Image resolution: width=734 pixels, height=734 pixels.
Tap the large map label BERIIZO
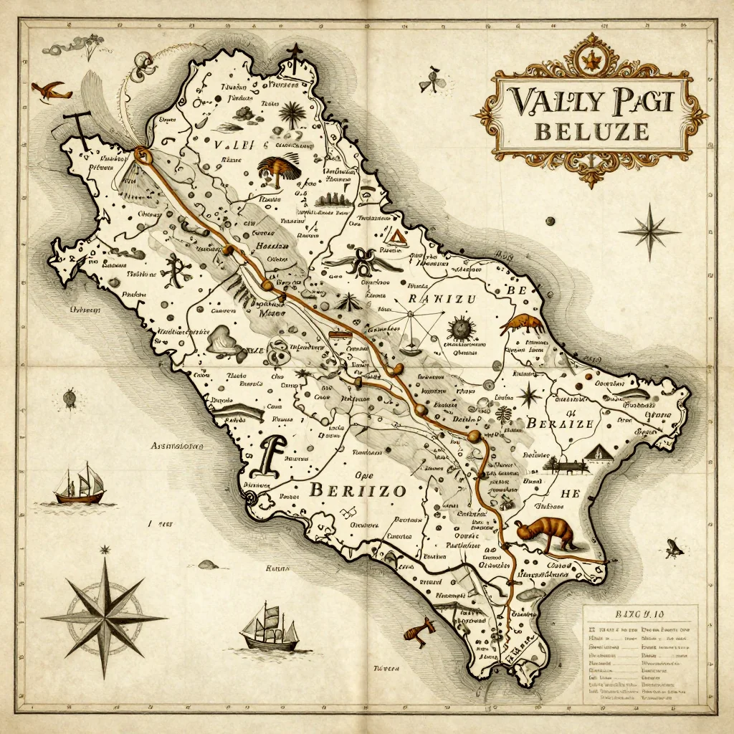click(x=358, y=491)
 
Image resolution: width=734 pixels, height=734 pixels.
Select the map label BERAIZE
click(x=560, y=423)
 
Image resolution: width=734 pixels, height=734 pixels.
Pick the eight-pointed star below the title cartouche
click(x=649, y=231)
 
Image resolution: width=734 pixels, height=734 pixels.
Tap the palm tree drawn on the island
click(x=292, y=113)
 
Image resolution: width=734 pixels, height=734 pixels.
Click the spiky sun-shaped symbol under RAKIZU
click(x=459, y=328)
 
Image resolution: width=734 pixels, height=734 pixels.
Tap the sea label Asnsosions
click(x=176, y=446)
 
